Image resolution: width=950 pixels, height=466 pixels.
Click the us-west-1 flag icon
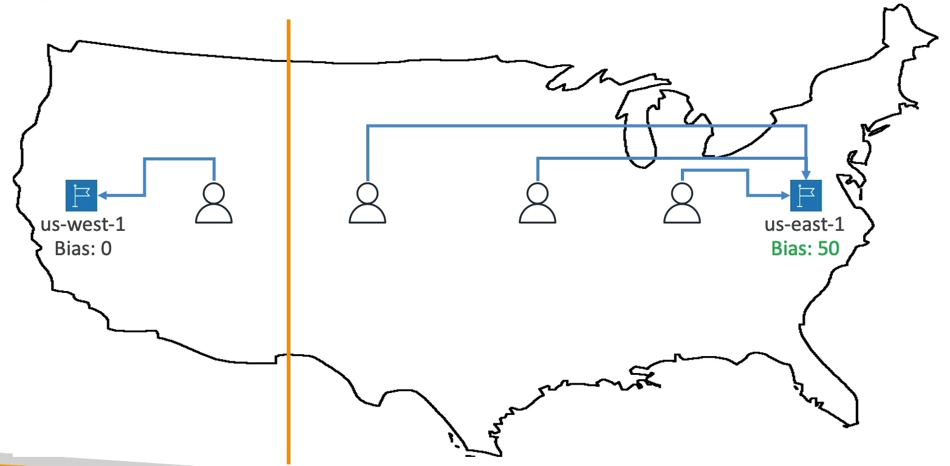pyautogui.click(x=81, y=196)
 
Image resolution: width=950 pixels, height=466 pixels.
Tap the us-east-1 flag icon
pyautogui.click(x=805, y=196)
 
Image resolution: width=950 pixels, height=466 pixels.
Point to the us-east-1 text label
pyautogui.click(x=804, y=225)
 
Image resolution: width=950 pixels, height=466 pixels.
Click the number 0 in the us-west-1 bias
pyautogui.click(x=106, y=248)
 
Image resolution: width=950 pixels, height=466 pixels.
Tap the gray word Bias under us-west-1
pyautogui.click(x=70, y=248)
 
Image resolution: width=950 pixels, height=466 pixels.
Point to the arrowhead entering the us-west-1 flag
pyautogui.click(x=102, y=196)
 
